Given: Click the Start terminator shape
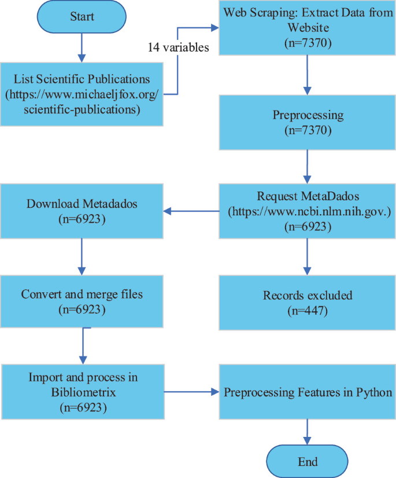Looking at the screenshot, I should pos(82,16).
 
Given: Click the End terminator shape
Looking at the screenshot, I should pos(308,461).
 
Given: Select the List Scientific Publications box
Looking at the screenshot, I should pos(82,93).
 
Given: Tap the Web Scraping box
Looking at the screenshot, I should pos(307,28).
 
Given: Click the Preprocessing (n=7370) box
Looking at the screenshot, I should pos(307,123).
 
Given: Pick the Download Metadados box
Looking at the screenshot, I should pos(82,211).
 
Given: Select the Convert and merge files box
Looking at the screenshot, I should pos(82,301).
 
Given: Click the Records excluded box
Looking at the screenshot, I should pos(307,303).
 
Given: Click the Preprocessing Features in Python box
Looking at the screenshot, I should pos(307,392).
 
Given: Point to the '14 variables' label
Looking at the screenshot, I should pos(178,49).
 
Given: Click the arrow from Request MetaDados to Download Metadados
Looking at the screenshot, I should pos(191,211).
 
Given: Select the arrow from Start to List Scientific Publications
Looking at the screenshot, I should pos(82,47).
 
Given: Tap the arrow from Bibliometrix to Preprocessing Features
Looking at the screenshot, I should pos(191,392).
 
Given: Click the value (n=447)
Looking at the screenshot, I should pos(307,311).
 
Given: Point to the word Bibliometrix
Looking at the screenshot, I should pos(82,392).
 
